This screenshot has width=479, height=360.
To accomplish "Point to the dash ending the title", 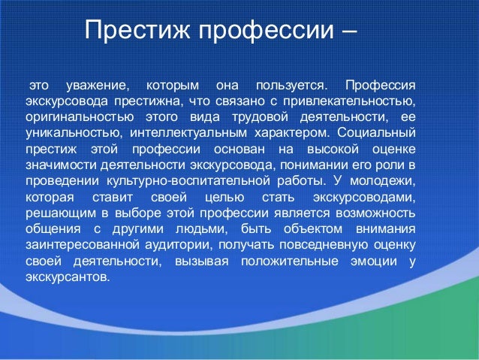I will click(x=348, y=32).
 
